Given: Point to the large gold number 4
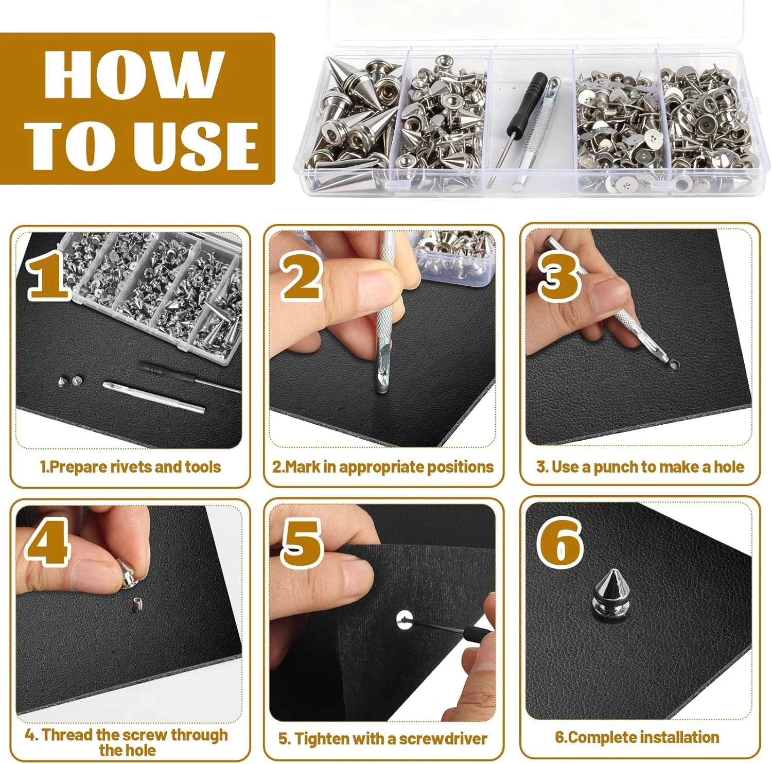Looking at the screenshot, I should [x=47, y=542].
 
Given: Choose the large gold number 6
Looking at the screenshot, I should [x=560, y=542].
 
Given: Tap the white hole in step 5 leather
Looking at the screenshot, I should [x=405, y=619].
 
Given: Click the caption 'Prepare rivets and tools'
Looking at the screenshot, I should [x=130, y=467].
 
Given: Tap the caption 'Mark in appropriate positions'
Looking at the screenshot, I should [x=383, y=467].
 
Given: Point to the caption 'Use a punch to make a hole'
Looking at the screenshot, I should [x=640, y=467].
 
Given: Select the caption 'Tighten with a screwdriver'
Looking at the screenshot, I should [x=383, y=739].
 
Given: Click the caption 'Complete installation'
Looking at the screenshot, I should [x=637, y=737].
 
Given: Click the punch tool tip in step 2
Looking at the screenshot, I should [x=381, y=386].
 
